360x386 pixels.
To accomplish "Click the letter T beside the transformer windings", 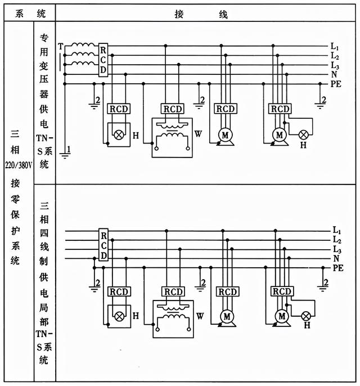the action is [61, 46].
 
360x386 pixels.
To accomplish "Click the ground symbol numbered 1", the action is [65, 155].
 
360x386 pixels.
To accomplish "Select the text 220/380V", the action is [19, 165].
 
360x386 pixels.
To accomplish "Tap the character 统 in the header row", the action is [41, 14].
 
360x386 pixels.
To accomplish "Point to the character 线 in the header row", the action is [223, 14].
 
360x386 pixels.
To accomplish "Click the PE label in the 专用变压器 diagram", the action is [336, 84].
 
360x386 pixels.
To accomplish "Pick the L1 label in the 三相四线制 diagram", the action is [336, 230].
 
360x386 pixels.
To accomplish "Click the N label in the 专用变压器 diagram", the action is [334, 74].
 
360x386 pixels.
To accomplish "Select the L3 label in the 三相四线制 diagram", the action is [336, 249].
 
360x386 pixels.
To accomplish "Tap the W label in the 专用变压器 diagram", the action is [198, 134].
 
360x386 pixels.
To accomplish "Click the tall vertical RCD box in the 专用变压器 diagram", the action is [103, 60].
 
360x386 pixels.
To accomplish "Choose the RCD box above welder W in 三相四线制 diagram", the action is [173, 291].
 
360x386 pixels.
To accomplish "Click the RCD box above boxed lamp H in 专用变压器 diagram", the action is [119, 109].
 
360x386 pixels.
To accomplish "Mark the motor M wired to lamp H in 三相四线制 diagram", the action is [282, 316].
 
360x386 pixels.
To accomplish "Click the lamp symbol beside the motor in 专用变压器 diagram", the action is [303, 135].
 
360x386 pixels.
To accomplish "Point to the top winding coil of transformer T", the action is [83, 45].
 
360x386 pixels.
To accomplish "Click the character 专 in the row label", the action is [44, 38].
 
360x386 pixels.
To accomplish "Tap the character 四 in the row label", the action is [44, 233].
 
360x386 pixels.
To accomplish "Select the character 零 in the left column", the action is [15, 199].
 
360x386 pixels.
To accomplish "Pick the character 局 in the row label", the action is [44, 308].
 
